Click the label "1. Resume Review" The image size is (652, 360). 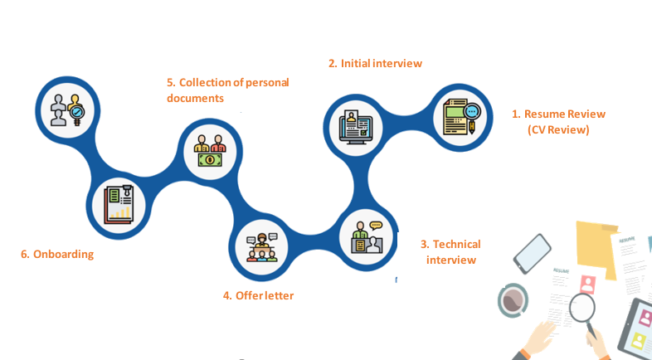(x=557, y=114)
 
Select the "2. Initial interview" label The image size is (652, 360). (x=375, y=63)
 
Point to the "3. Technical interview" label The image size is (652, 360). (x=450, y=251)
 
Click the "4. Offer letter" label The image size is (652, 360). (x=258, y=294)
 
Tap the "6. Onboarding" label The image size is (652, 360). (x=57, y=254)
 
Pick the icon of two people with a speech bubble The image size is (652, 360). (x=366, y=236)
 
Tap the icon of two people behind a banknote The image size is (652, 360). (x=210, y=150)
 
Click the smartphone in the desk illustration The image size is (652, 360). (x=532, y=253)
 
